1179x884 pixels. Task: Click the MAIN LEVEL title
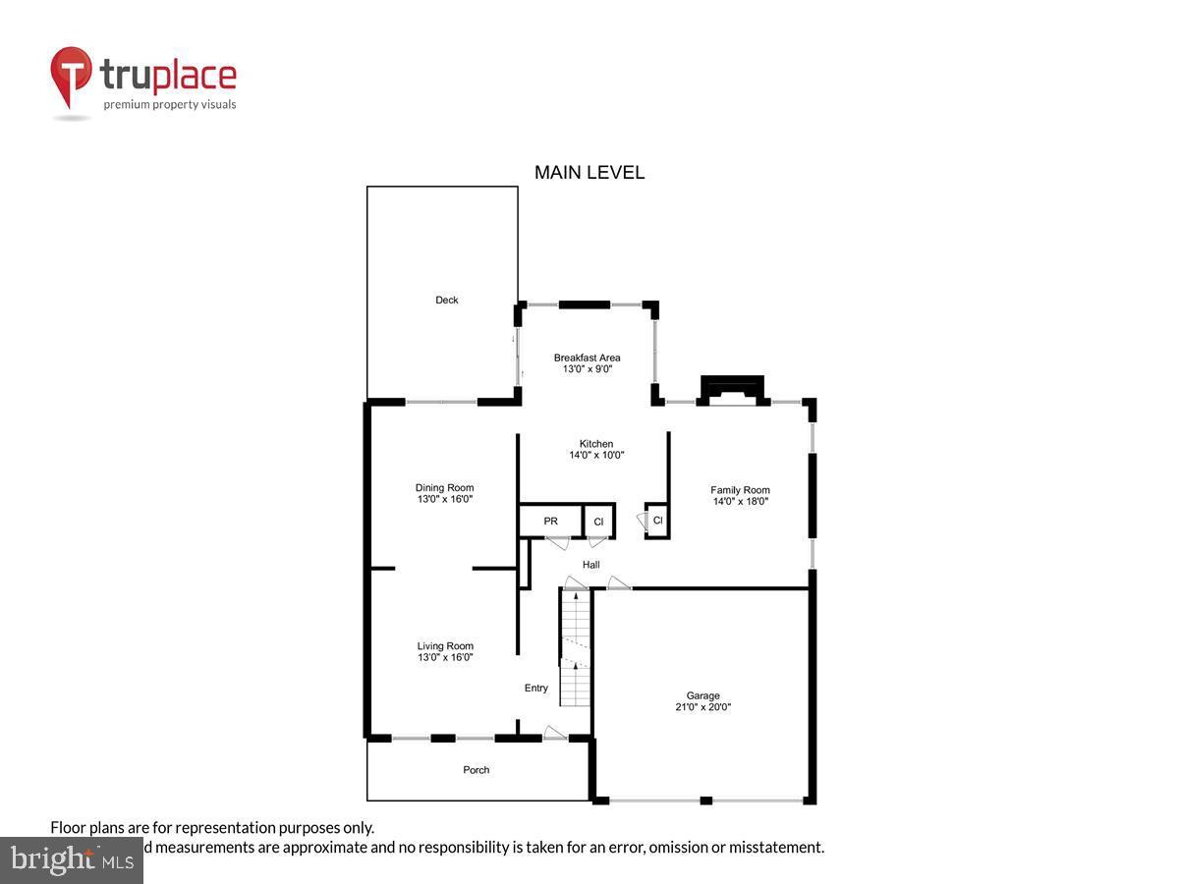589,173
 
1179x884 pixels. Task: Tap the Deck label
447,300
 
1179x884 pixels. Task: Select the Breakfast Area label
587,358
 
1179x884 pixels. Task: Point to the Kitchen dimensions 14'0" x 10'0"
596,456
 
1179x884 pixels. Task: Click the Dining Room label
444,487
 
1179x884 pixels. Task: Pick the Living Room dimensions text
445,658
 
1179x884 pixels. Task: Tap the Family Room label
740,490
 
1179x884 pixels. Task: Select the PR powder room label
550,521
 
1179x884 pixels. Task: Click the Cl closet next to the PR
598,522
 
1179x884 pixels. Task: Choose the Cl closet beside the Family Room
657,520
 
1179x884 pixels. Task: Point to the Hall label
590,565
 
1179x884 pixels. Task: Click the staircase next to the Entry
575,648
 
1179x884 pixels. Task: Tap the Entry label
535,688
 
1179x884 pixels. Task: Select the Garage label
702,695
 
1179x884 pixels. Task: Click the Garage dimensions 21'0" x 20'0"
702,707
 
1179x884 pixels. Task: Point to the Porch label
477,770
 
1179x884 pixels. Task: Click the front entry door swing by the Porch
555,732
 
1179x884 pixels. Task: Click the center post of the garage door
705,801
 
